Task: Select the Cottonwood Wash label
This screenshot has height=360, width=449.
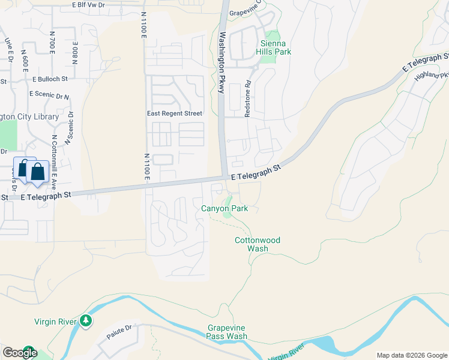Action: coord(258,244)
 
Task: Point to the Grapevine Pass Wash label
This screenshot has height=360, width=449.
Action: coord(228,332)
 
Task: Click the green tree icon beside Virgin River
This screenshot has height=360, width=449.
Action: coord(86,322)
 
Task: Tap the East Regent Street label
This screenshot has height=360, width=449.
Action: coord(175,113)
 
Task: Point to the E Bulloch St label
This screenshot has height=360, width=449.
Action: coord(50,79)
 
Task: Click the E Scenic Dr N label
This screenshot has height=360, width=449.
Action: coord(49,95)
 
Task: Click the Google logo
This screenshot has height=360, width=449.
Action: coord(19,353)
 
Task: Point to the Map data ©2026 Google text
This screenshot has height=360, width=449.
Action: coord(411,355)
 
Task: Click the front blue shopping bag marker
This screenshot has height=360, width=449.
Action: coord(37,172)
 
